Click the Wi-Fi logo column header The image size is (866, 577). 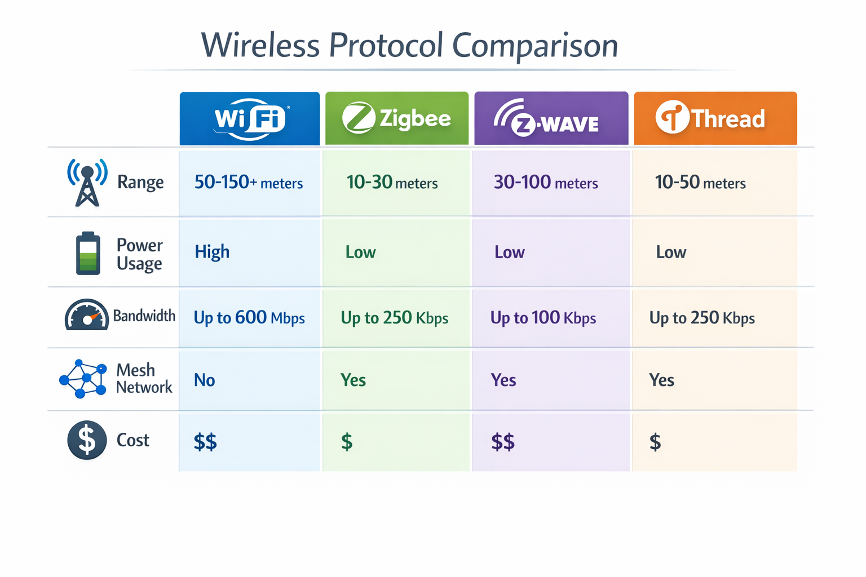[x=250, y=118]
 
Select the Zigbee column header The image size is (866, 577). [x=397, y=118]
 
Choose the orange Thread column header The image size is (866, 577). [x=715, y=118]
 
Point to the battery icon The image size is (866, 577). [x=88, y=253]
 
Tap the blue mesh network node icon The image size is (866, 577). [x=83, y=379]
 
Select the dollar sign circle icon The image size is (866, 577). [x=87, y=440]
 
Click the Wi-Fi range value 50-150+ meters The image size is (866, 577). [x=249, y=183]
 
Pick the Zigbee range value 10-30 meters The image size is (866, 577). [x=392, y=183]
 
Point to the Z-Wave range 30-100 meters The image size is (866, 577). [x=546, y=183]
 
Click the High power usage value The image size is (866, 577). [x=212, y=252]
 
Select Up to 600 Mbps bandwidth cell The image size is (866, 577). [x=249, y=318]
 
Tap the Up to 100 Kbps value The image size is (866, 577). [x=543, y=318]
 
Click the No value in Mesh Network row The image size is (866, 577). [x=205, y=380]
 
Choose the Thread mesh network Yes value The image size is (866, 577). [x=661, y=380]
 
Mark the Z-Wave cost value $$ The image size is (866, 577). [x=503, y=442]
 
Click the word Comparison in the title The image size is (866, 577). [x=535, y=46]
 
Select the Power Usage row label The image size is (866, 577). [x=139, y=254]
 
